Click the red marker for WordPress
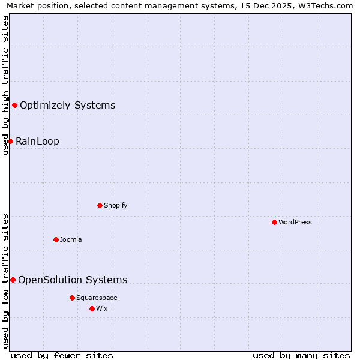274,222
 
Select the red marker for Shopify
100,205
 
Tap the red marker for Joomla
56,239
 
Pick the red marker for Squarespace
72,298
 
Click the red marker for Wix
92,308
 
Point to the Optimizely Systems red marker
14,106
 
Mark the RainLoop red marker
10,141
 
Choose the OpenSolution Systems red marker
13,280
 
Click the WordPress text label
295,222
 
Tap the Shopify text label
116,205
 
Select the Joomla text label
71,239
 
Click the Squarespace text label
97,298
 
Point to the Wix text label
102,308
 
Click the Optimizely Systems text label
67,106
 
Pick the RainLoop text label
37,141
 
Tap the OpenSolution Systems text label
73,280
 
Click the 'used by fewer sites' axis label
62,355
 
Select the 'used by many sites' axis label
301,355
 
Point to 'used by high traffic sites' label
5,85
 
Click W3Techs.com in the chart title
326,5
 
